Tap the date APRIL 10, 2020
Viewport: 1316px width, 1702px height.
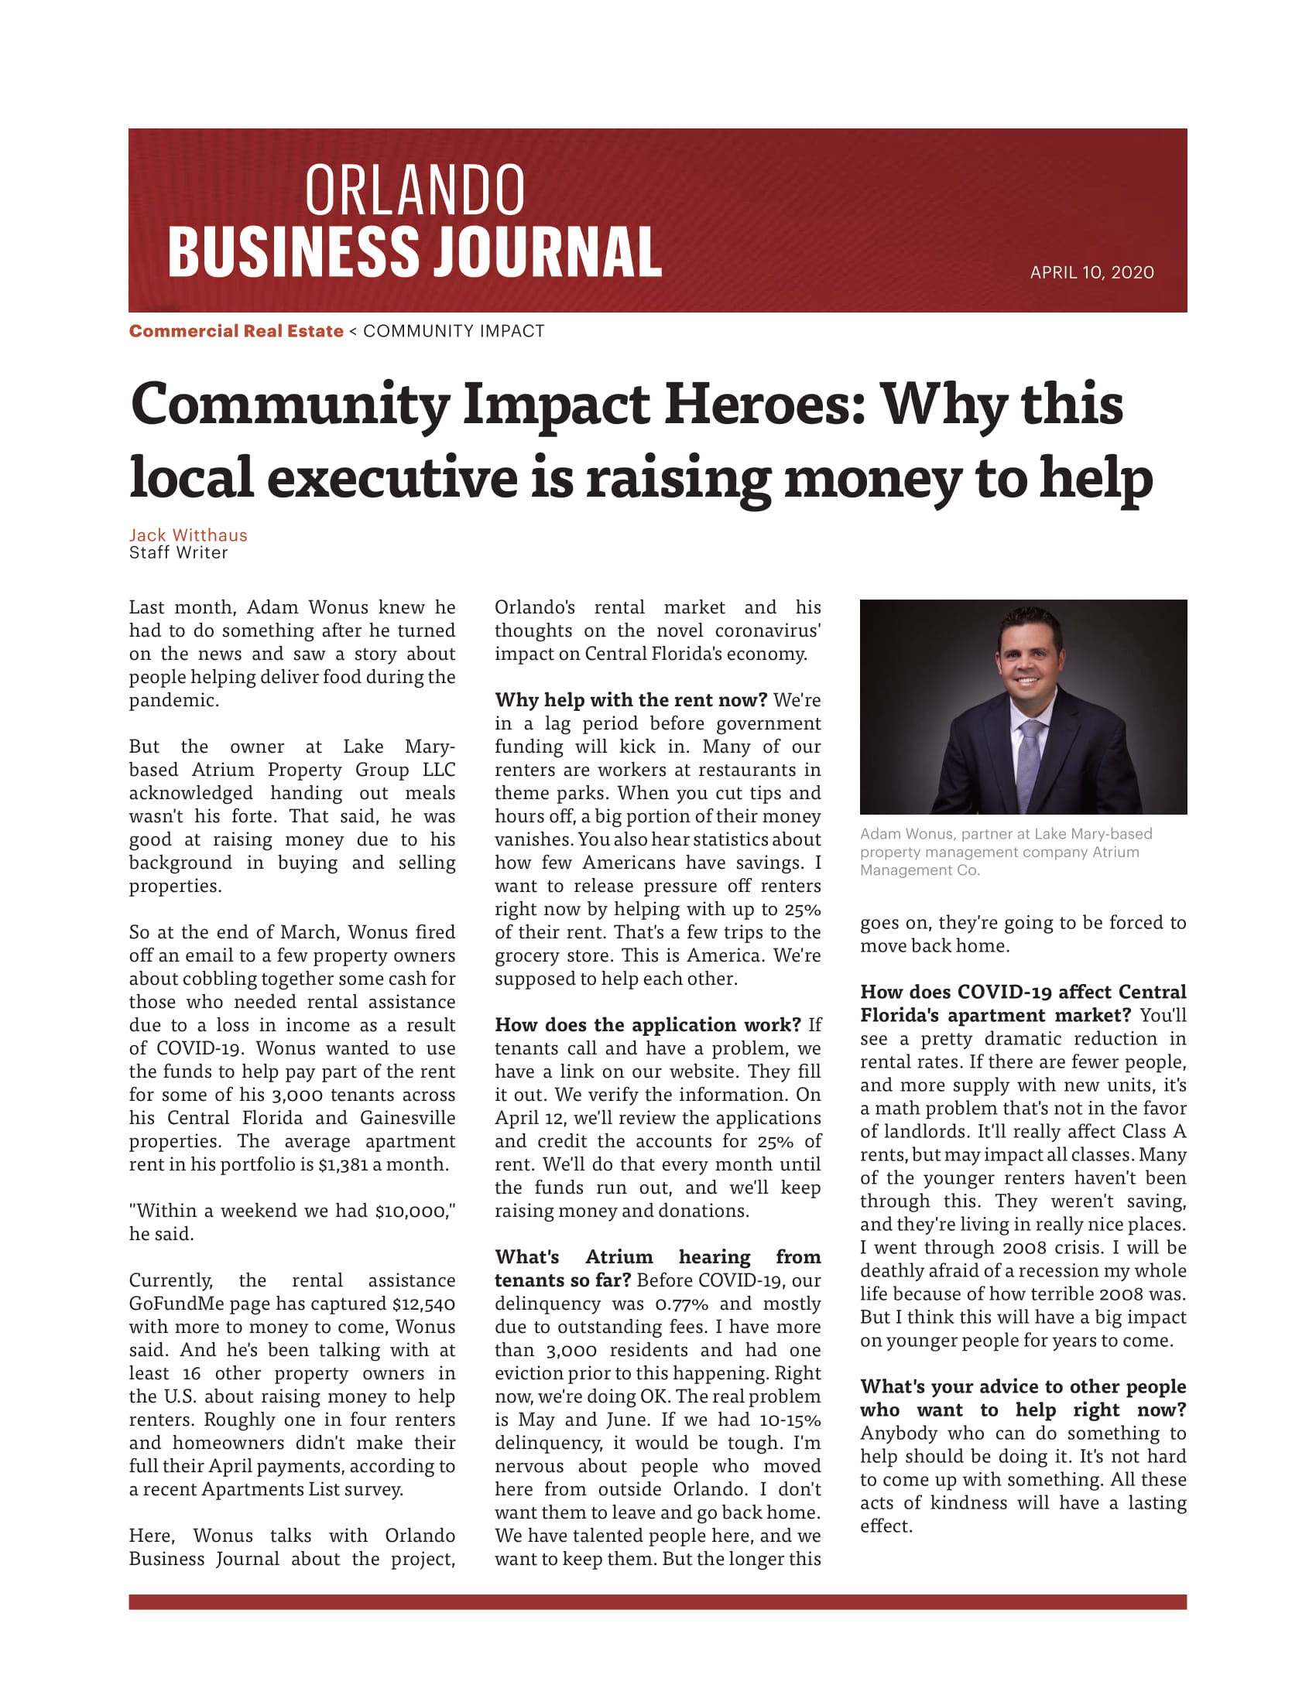(x=1092, y=272)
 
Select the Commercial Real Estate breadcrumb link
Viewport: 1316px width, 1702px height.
(x=236, y=331)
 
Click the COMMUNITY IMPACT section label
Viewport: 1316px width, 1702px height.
(x=454, y=331)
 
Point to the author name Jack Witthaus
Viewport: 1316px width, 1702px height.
(x=188, y=535)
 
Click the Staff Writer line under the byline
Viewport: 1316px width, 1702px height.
(x=179, y=552)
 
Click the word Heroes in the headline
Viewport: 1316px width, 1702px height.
(x=764, y=405)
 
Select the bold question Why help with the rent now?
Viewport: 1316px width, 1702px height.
(x=631, y=700)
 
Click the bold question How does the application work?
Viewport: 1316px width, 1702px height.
(x=648, y=1025)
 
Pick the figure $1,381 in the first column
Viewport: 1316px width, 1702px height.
(x=345, y=1164)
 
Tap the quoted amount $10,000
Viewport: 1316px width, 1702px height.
(x=411, y=1210)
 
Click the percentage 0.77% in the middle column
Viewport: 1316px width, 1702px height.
(x=681, y=1304)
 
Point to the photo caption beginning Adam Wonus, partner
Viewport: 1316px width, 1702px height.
(x=1006, y=852)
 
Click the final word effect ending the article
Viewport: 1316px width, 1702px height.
(x=885, y=1526)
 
